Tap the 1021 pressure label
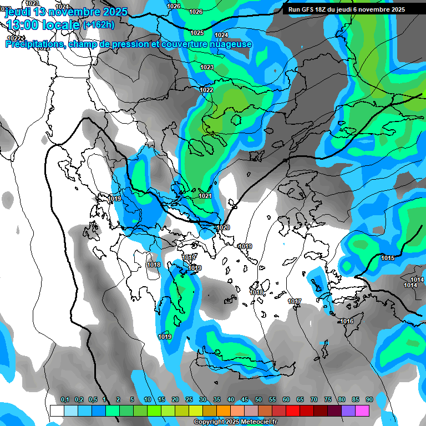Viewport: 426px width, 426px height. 205,196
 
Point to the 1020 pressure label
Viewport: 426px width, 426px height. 223,228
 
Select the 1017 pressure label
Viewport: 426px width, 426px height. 295,302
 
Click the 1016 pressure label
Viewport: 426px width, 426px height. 347,322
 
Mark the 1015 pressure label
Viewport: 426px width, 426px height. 388,258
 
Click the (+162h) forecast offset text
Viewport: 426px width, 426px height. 98,25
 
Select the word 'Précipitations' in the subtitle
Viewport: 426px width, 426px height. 34,44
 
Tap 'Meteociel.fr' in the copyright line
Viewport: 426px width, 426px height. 257,422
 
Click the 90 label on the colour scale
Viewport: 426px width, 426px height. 369,399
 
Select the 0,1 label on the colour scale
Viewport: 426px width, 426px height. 65,399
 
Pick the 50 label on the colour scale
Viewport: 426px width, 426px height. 258,399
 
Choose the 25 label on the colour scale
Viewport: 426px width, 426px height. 189,399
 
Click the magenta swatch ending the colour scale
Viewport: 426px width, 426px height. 362,410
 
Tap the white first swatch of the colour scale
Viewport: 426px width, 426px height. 57,410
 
